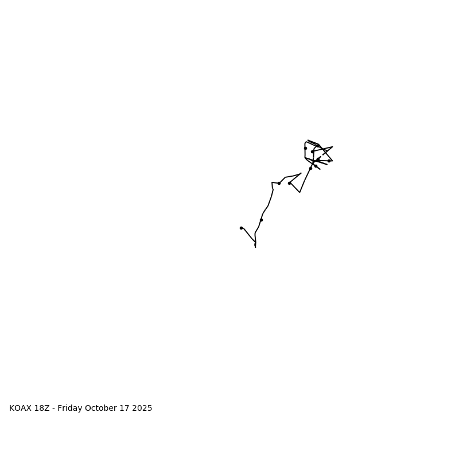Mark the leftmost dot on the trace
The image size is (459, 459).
click(241, 228)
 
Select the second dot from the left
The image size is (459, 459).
click(261, 220)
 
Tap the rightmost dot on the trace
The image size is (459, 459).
click(329, 161)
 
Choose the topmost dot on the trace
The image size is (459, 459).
click(305, 148)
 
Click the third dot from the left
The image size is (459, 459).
click(279, 183)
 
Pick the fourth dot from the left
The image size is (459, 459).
click(289, 183)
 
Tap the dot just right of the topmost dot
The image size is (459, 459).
click(312, 151)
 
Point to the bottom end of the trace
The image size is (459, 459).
click(255, 247)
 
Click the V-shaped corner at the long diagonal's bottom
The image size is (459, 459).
click(299, 192)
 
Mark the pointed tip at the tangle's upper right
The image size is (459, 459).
click(332, 147)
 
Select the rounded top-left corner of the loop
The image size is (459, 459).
click(306, 143)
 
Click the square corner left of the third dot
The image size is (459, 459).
click(272, 182)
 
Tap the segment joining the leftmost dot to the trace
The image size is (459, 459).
click(248, 235)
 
